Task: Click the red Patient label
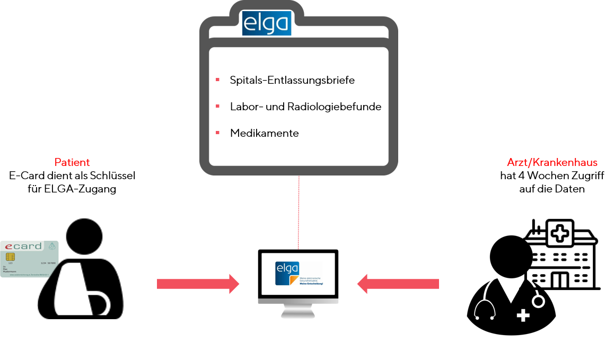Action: pyautogui.click(x=72, y=162)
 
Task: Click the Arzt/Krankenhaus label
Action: pyautogui.click(x=552, y=162)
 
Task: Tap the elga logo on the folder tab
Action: pyautogui.click(x=267, y=23)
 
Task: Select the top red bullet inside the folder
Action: pyautogui.click(x=218, y=80)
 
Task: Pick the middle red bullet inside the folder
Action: pyautogui.click(x=218, y=106)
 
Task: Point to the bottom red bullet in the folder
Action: pyautogui.click(x=218, y=133)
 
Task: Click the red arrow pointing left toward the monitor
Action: pyautogui.click(x=398, y=284)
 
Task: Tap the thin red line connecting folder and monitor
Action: pyautogui.click(x=299, y=212)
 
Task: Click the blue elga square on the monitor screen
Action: pyautogui.click(x=287, y=271)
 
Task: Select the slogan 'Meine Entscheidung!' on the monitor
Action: pyautogui.click(x=311, y=284)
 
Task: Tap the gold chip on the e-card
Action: pyautogui.click(x=10, y=257)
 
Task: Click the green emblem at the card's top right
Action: pyautogui.click(x=51, y=246)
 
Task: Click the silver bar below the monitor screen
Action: pyautogui.click(x=298, y=301)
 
